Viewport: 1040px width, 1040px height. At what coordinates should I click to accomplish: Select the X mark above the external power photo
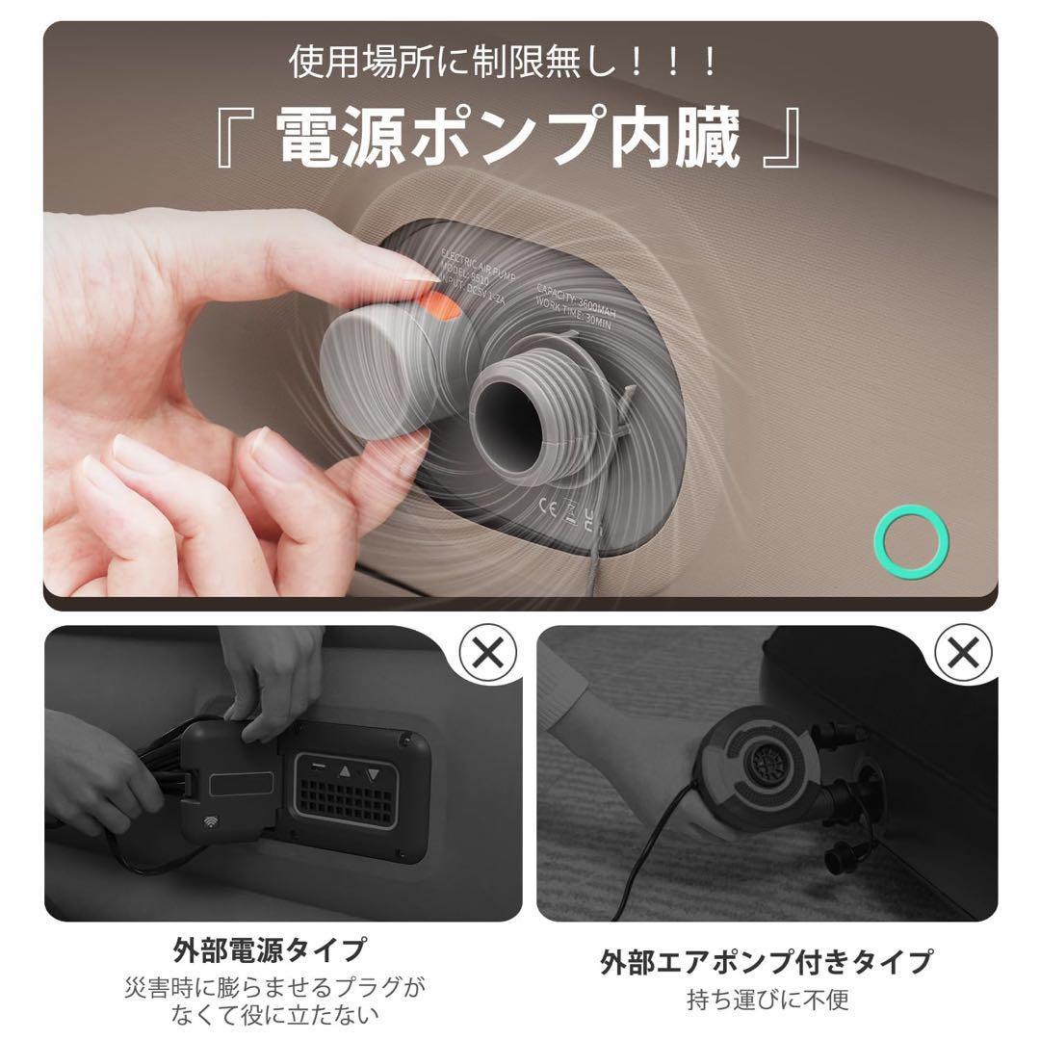point(488,655)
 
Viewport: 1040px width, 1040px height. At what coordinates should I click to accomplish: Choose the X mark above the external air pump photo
point(964,655)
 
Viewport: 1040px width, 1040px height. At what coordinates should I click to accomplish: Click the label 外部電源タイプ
point(271,949)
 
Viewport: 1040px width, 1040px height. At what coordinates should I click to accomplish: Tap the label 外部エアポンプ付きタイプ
point(766,961)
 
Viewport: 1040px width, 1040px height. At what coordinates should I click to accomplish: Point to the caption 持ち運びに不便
point(767,1000)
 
